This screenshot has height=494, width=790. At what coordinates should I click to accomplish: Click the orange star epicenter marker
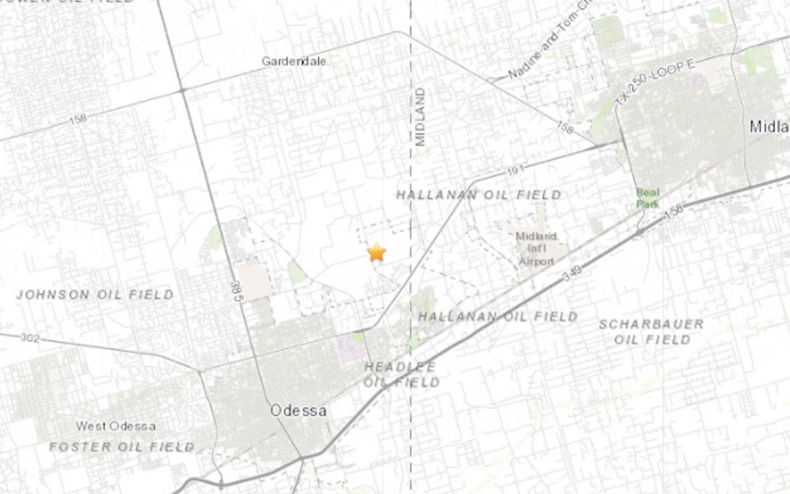coord(377,252)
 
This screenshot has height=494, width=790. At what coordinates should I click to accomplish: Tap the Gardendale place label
coord(294,61)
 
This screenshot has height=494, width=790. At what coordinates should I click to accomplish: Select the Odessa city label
coord(298,411)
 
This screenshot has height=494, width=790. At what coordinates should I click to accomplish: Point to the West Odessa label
coord(116,426)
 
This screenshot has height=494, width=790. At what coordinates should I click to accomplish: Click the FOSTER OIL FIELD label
coord(121,447)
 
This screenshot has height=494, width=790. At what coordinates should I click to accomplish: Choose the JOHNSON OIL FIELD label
coord(95,295)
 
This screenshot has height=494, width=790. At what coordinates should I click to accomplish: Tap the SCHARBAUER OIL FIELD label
coord(651,331)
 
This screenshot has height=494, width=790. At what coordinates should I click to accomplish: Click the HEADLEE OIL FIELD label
coord(401,374)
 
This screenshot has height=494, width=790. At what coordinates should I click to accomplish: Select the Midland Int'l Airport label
coord(536,248)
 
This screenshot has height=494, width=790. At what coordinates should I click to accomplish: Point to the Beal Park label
coord(647,198)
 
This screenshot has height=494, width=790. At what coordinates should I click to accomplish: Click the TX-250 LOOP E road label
coord(655,82)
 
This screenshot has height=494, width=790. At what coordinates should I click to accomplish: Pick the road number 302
coord(30,338)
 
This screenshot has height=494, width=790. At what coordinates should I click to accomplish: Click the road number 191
coord(515,170)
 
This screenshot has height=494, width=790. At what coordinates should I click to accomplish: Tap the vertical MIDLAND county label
coord(420,117)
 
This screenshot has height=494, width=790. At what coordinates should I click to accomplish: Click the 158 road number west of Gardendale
coord(78,119)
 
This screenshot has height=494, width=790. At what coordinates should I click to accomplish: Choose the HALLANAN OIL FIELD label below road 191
coord(478,195)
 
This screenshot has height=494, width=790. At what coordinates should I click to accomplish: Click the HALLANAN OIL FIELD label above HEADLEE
coord(498,316)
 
